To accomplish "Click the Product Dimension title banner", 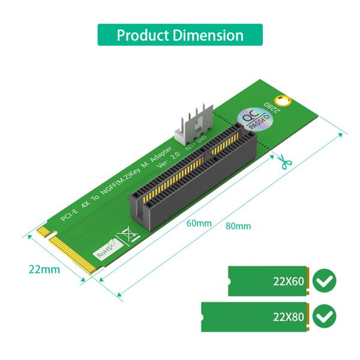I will click(180, 35).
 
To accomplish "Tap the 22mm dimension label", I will click(44, 269).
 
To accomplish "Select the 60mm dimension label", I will click(199, 223).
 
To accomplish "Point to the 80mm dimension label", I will click(238, 226).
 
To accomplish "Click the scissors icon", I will click(283, 161).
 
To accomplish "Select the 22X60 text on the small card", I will click(288, 281).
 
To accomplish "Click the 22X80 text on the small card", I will click(288, 316).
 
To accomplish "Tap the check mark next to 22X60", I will click(325, 280).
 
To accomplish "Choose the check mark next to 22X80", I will click(325, 316).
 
